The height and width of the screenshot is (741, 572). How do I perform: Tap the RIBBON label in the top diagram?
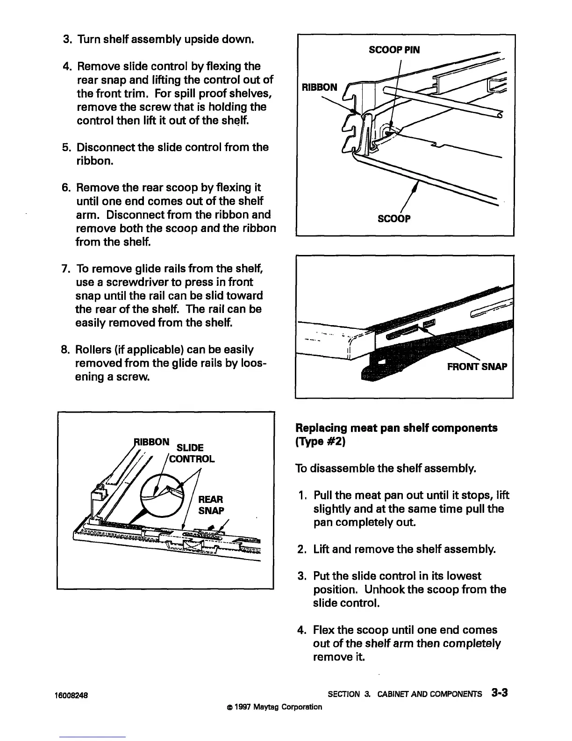coord(319,87)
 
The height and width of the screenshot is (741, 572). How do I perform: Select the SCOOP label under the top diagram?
coord(394,218)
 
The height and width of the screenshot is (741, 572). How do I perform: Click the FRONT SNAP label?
coord(477,366)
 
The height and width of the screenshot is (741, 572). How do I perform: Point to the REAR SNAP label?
coord(211,505)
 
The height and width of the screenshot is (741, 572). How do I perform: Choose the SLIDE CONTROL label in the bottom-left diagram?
coord(191,453)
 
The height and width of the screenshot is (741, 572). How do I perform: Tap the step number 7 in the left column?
coord(65,269)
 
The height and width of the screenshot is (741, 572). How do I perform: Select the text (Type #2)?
coord(320,442)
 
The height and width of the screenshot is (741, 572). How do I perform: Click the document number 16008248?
coord(73,695)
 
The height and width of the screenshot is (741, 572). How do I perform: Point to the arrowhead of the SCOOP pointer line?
coord(416,186)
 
